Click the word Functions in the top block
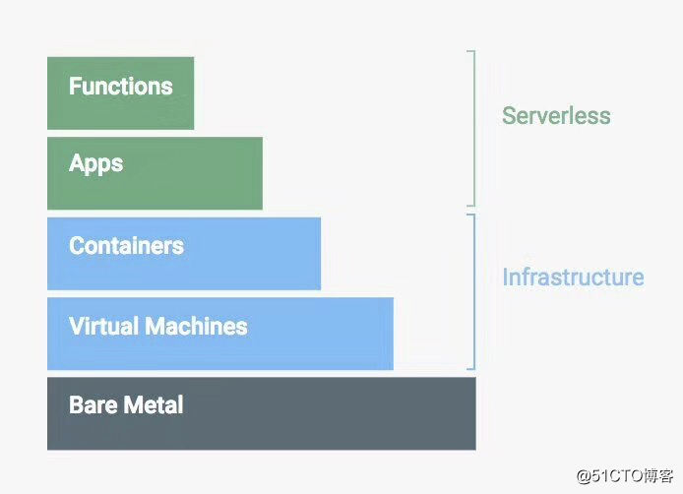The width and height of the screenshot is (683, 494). click(120, 87)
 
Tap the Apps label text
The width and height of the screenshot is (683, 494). click(95, 163)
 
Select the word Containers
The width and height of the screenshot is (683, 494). click(126, 245)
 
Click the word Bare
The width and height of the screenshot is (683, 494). click(93, 404)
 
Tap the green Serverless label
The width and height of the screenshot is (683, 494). click(556, 116)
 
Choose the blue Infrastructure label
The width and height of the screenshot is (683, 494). click(573, 278)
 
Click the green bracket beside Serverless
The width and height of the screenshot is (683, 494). click(473, 128)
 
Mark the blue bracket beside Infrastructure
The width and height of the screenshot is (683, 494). click(473, 291)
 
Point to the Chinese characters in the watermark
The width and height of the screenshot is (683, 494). click(657, 477)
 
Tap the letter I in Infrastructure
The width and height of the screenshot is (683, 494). click(505, 278)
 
